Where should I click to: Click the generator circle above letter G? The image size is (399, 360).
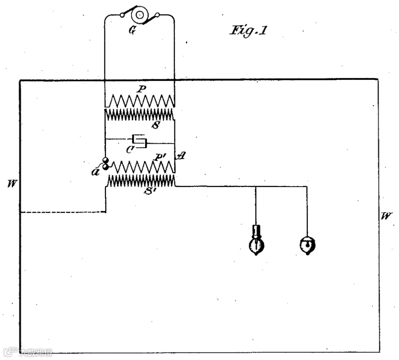point(139,16)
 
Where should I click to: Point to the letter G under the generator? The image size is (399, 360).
point(132,31)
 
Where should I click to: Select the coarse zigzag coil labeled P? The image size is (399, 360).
point(140,100)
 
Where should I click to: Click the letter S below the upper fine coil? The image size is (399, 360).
point(155,125)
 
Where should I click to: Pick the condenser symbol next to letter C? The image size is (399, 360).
point(140,140)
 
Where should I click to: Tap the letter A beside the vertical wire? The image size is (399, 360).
point(181,156)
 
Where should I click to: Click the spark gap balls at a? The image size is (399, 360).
point(105,164)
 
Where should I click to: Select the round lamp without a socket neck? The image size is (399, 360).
point(308,244)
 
